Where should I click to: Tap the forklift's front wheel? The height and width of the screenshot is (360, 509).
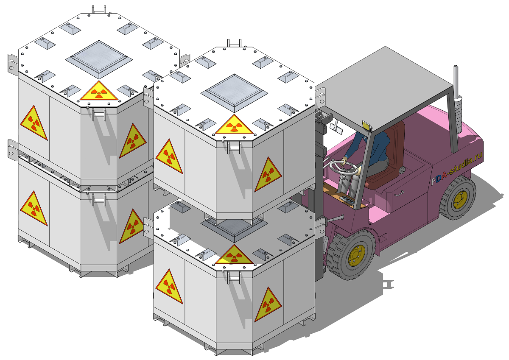[351, 254]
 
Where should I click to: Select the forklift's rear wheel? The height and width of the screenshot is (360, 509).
[458, 197]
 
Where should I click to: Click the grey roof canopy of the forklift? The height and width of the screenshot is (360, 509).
[384, 89]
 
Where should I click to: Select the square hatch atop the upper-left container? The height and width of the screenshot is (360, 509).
[99, 59]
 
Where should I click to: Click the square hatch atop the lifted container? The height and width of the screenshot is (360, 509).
[234, 93]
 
